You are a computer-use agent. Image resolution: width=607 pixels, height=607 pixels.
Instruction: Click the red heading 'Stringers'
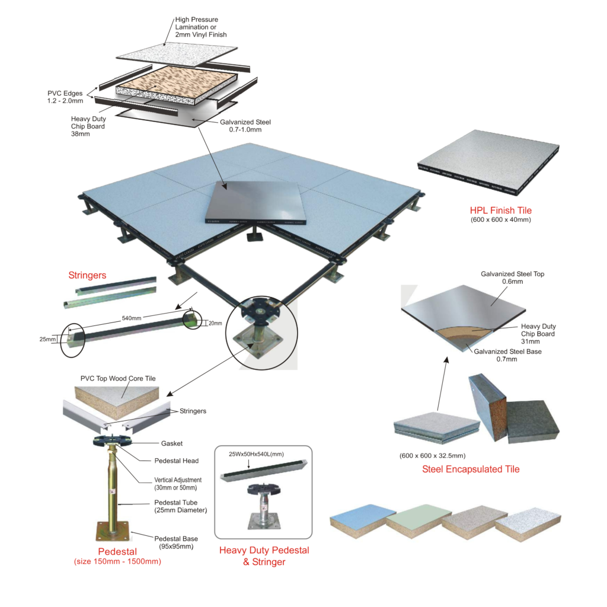point(87,275)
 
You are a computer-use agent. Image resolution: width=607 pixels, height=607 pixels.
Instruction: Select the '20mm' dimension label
point(215,323)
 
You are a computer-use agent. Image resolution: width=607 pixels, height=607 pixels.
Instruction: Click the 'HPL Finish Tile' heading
point(500,210)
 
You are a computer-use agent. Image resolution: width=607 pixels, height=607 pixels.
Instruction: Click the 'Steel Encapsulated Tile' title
point(471,469)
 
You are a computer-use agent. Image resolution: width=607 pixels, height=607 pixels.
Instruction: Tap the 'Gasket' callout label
point(172,443)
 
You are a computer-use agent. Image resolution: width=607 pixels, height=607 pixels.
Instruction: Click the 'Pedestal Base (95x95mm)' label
point(176,542)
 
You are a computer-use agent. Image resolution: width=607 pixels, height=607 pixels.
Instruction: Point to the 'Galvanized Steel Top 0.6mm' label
point(513,278)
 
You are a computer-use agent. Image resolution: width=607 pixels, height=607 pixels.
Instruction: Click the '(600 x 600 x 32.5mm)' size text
point(433,456)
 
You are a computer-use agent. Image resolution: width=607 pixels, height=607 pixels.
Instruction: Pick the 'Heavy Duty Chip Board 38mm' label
point(88,126)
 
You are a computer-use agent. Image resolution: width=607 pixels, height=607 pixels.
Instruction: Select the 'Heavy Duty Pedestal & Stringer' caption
point(264,555)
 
